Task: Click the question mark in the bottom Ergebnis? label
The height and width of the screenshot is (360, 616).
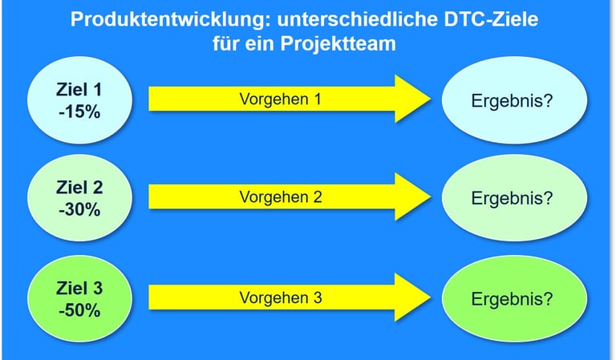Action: point(549,299)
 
